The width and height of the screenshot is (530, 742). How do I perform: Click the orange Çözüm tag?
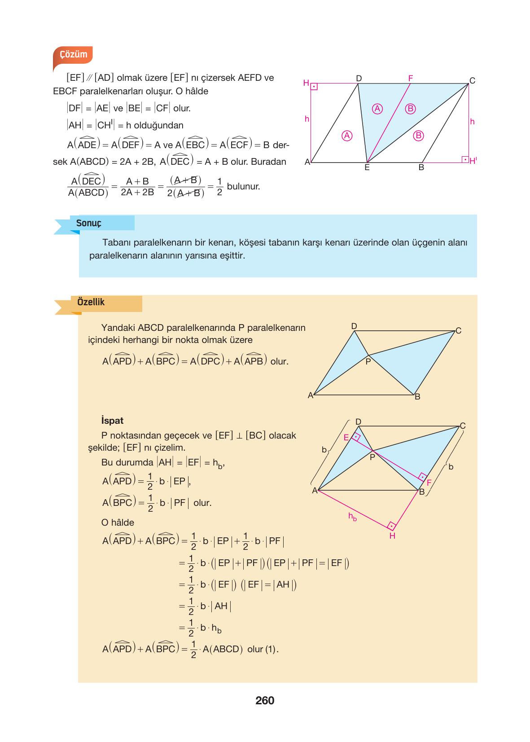pos(73,55)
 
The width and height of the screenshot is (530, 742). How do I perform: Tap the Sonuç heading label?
pos(88,223)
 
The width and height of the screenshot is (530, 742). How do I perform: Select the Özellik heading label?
pos(91,302)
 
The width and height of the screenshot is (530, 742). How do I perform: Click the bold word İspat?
pos(112,421)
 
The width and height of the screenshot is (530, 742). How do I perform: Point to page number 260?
pos(265,700)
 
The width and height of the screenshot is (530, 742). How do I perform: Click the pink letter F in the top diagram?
pos(410,78)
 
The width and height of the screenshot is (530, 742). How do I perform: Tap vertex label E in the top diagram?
pos(367,168)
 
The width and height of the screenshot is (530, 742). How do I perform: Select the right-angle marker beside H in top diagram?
pos(314,87)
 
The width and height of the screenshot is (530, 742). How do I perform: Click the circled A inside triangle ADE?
pos(346,135)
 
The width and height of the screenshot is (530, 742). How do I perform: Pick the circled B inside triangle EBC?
pos(418,135)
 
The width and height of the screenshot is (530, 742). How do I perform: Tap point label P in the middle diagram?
pos(368,361)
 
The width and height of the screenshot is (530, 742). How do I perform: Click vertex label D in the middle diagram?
pos(354,326)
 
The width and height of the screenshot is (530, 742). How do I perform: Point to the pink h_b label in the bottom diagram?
pos(353,517)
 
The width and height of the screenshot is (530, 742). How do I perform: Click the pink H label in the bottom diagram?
pos(392,536)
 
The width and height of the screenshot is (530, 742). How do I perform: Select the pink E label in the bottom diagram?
pos(346,438)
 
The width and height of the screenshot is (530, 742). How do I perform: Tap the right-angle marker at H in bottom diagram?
pos(391,526)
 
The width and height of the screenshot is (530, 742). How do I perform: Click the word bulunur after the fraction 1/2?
pos(243,186)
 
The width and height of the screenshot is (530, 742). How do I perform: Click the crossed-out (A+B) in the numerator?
pos(185,180)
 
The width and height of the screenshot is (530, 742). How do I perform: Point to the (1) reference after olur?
pos(271,649)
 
